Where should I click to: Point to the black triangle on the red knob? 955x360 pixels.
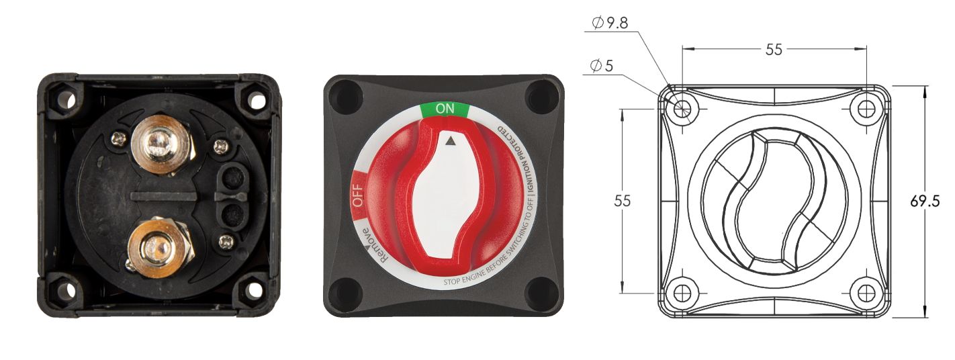(450, 142)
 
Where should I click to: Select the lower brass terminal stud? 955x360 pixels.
(158, 246)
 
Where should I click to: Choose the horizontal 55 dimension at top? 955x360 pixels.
(774, 50)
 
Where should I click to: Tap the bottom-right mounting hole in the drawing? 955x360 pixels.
(866, 293)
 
